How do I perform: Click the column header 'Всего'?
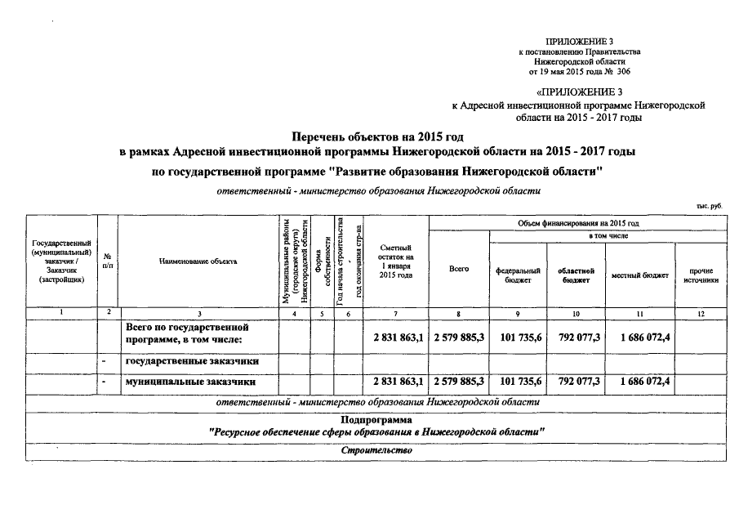pos(458,269)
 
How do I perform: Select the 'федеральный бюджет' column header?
pos(519,275)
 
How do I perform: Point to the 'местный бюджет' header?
pos(639,275)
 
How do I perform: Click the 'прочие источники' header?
pos(701,275)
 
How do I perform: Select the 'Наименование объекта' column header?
pos(198,261)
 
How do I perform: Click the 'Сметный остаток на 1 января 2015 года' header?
pos(396,261)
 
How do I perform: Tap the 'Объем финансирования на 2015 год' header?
pos(577,223)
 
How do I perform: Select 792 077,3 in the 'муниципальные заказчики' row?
pos(577,382)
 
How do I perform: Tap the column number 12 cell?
pos(701,314)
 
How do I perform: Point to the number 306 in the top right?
pos(625,72)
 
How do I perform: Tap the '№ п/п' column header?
pos(108,261)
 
